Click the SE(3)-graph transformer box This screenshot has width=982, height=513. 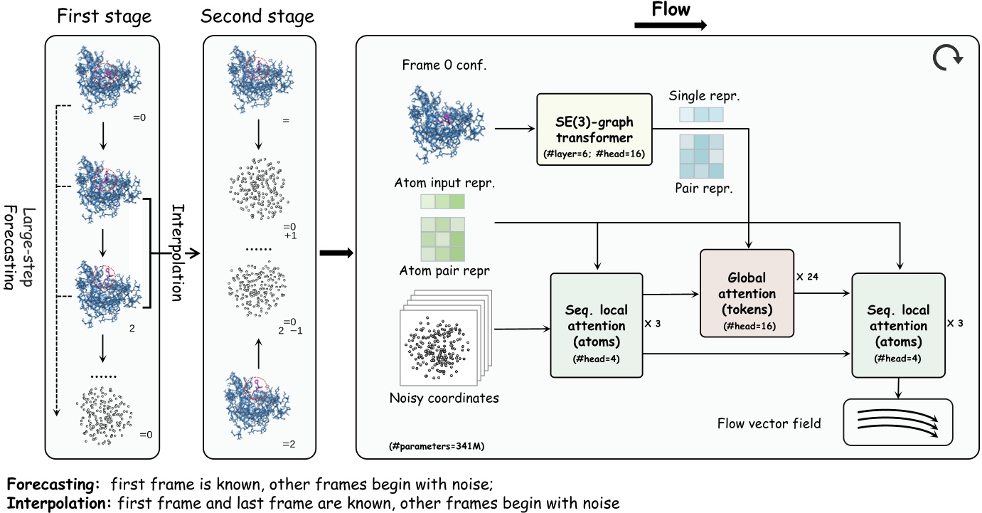(x=594, y=129)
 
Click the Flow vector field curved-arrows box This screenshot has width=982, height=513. (x=897, y=423)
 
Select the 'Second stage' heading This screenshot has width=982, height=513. (x=257, y=16)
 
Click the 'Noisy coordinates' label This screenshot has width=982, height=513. (x=444, y=398)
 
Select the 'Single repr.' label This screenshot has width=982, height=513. (x=701, y=95)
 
